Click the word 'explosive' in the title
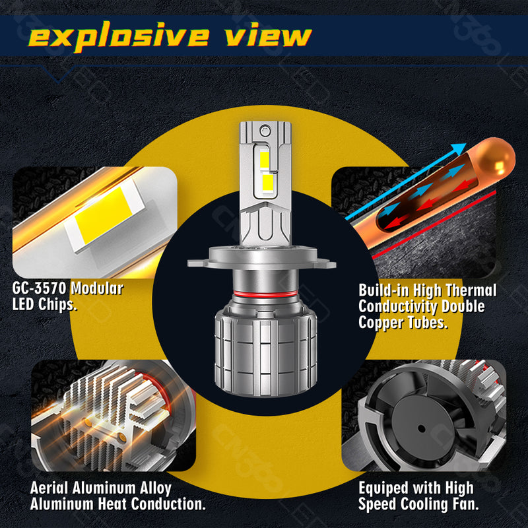[119, 36]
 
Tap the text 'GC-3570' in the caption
[39, 288]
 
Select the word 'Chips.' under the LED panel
[57, 304]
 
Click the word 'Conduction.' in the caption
[168, 504]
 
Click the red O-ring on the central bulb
[265, 294]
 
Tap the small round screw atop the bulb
[265, 129]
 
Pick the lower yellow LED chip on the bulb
[267, 181]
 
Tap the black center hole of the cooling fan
[422, 428]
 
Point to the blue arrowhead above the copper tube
[459, 148]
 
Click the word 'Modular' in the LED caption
[97, 288]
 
